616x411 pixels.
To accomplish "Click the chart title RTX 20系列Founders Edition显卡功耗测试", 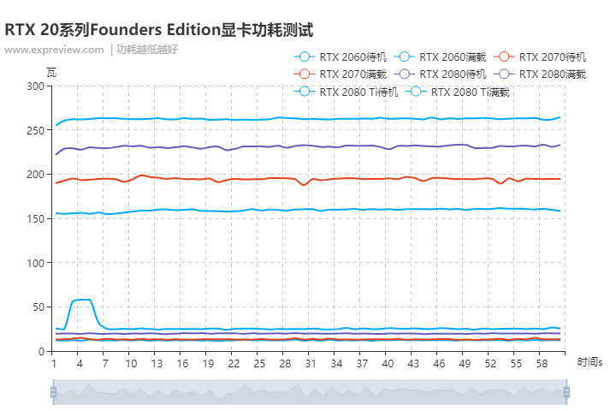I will pos(159,30).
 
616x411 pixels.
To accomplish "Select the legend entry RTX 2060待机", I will pos(340,57).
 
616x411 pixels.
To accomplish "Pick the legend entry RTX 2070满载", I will pos(340,74).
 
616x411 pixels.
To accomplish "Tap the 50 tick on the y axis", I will pos(38,307).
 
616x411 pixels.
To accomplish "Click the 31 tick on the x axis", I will pos(311,364).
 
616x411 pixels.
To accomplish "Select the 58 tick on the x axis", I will pos(542,364).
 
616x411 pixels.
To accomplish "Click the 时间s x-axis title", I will pos(589,363).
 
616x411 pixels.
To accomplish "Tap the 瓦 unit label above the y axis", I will pos(51,72).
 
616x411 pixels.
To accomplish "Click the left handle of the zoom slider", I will pos(53,392).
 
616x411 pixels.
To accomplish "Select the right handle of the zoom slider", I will pos(566,392).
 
